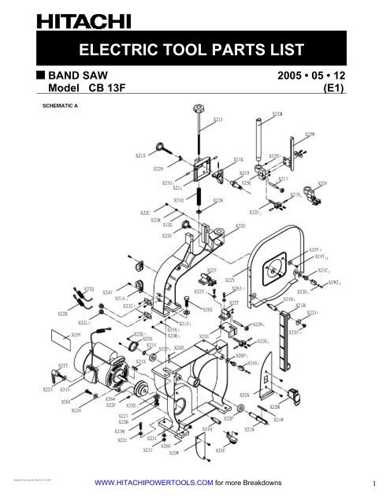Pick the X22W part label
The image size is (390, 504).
pyautogui.click(x=171, y=453)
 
